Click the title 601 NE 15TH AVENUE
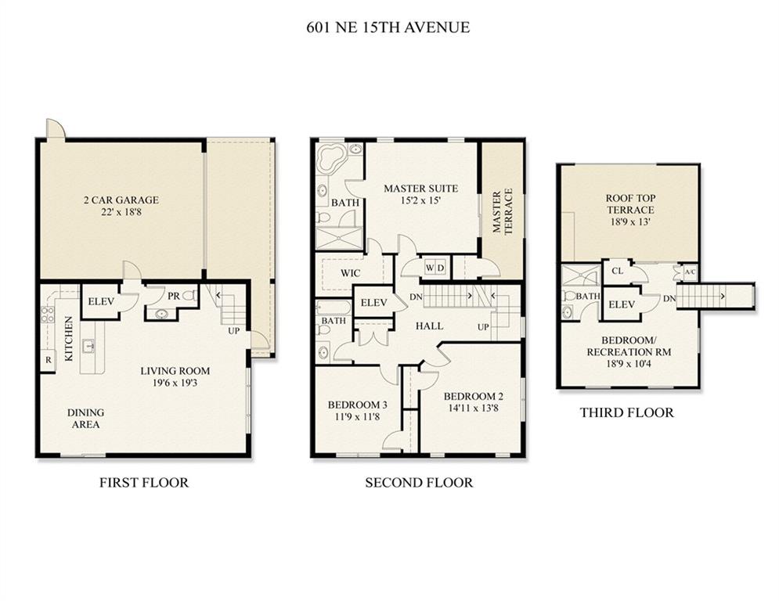(388, 27)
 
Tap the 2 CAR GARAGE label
(121, 200)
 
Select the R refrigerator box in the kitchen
(49, 360)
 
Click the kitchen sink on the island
(89, 344)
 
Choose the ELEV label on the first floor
(101, 301)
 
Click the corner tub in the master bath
(331, 157)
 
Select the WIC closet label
(350, 273)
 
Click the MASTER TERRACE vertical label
(503, 211)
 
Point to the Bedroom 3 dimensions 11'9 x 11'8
(358, 417)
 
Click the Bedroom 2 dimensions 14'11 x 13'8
(473, 408)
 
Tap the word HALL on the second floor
(429, 326)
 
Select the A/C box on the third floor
(690, 272)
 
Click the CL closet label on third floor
(617, 272)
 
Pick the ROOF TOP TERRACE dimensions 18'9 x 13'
(630, 222)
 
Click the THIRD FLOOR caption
(627, 412)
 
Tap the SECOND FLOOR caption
(419, 482)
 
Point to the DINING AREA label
(86, 418)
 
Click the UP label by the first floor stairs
(233, 331)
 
